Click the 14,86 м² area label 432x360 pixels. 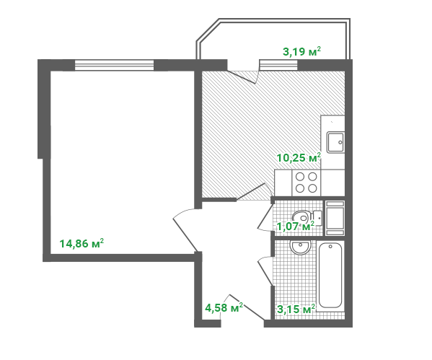tap(81, 244)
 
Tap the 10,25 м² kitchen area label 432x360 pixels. tap(299, 158)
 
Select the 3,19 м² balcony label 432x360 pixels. tap(302, 51)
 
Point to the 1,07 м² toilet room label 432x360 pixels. tap(296, 227)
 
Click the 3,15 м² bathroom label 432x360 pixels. tap(296, 309)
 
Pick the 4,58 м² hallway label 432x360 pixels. tap(224, 307)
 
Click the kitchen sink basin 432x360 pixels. tap(335, 142)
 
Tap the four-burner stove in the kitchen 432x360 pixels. tap(306, 183)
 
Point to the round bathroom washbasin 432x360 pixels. tap(300, 247)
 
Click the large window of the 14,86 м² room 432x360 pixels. tap(115, 66)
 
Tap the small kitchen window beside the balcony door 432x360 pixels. tap(278, 66)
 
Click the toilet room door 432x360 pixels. tap(265, 218)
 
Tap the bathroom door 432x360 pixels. tap(265, 271)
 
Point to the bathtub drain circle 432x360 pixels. tap(330, 247)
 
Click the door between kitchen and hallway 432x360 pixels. tap(254, 191)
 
